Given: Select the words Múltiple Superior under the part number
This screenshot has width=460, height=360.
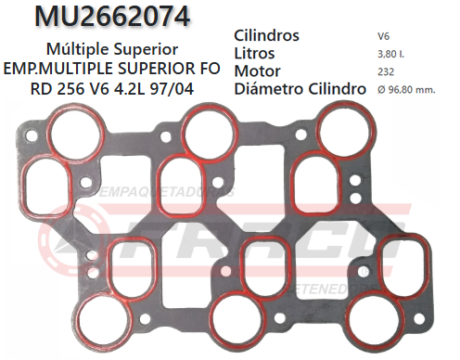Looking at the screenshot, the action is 111,46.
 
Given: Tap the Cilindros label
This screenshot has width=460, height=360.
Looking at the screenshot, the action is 267,35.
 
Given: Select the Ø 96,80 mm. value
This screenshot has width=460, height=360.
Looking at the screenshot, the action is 406,90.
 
